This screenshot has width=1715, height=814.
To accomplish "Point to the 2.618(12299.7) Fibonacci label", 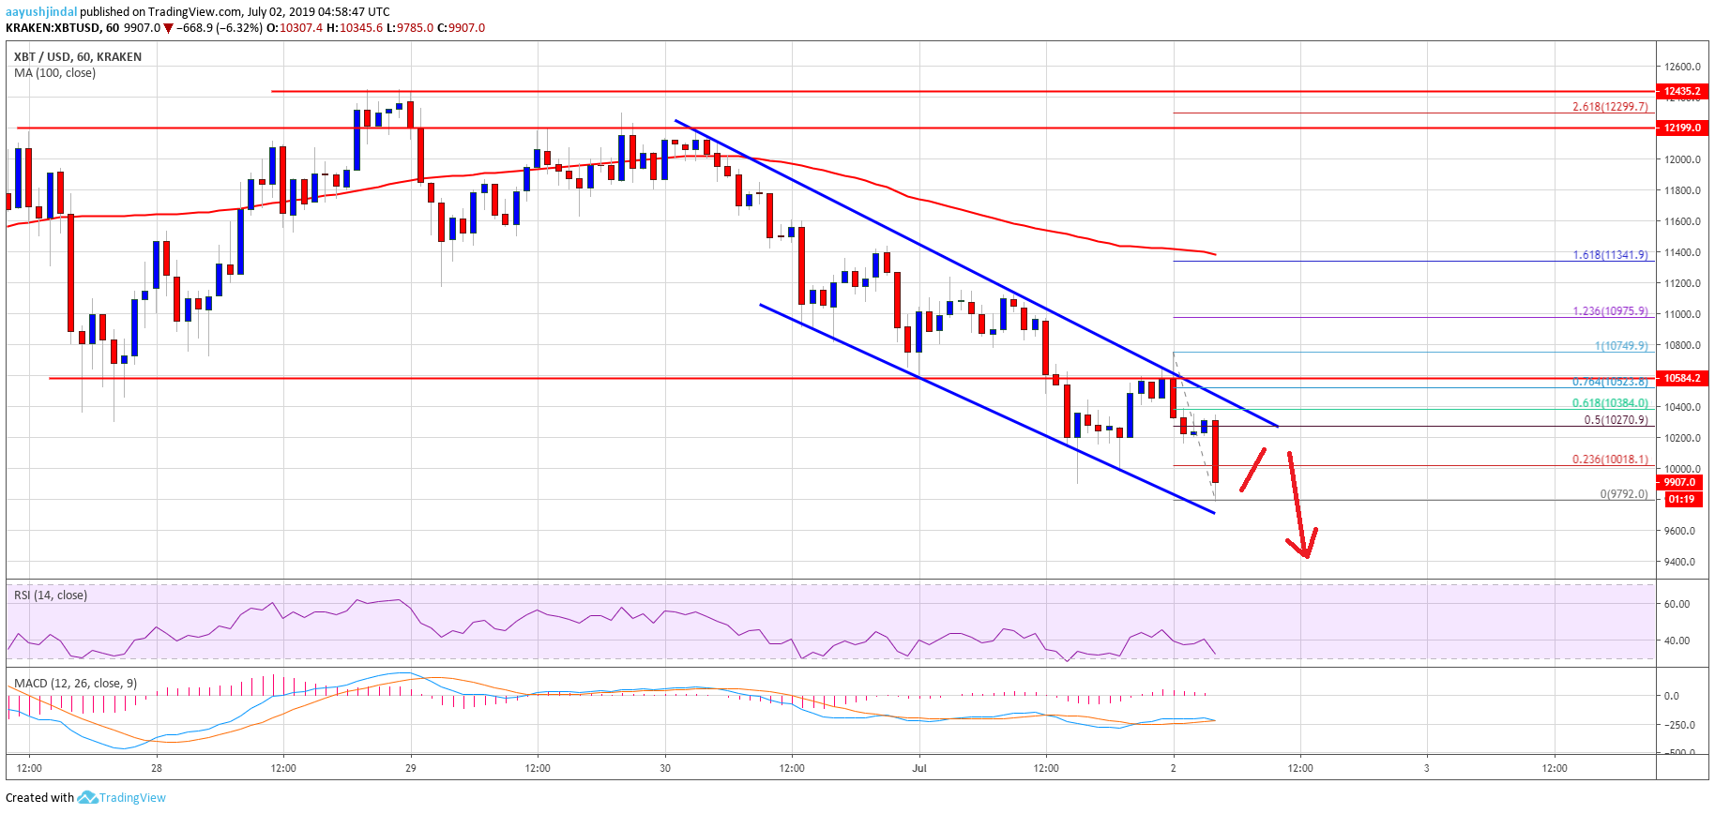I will (x=1609, y=107).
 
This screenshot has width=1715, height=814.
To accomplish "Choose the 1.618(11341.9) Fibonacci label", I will (x=1609, y=255).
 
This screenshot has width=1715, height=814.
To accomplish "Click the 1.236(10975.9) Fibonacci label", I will (x=1609, y=311).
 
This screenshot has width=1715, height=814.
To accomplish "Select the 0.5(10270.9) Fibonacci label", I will (x=1615, y=420).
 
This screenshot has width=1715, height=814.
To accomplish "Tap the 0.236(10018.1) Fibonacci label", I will (x=1609, y=460).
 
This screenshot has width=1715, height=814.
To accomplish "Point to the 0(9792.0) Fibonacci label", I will (x=1623, y=494).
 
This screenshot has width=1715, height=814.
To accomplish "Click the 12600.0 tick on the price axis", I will (x=1682, y=67).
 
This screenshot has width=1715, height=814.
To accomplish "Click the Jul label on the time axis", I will (x=919, y=768).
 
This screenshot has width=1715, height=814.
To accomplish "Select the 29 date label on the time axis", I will (x=411, y=768).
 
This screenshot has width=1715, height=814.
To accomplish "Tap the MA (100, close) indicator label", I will (x=54, y=73).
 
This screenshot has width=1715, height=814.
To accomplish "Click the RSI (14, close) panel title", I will (x=51, y=595).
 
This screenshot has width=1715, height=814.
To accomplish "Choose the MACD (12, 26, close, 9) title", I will (x=75, y=683).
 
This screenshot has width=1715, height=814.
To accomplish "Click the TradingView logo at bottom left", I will (x=122, y=798).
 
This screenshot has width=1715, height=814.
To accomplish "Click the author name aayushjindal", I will (x=41, y=11).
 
